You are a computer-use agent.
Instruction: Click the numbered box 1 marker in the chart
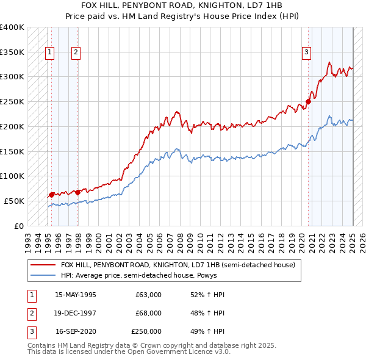click(x=49, y=52)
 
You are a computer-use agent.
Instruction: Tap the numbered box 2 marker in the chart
click(x=76, y=52)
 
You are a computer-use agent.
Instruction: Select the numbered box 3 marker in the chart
click(x=306, y=52)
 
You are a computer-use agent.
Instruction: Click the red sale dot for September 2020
click(x=308, y=101)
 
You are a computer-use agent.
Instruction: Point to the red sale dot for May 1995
click(x=51, y=195)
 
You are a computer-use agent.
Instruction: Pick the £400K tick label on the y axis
click(x=12, y=27)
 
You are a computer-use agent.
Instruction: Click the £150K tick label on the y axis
click(x=12, y=151)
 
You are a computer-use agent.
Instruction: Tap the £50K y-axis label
click(x=15, y=200)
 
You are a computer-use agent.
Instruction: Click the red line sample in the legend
click(x=43, y=265)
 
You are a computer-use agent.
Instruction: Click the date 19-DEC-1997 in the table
click(x=76, y=313)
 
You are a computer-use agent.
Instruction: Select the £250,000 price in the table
click(x=146, y=331)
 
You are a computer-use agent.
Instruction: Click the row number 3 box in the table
click(x=30, y=331)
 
